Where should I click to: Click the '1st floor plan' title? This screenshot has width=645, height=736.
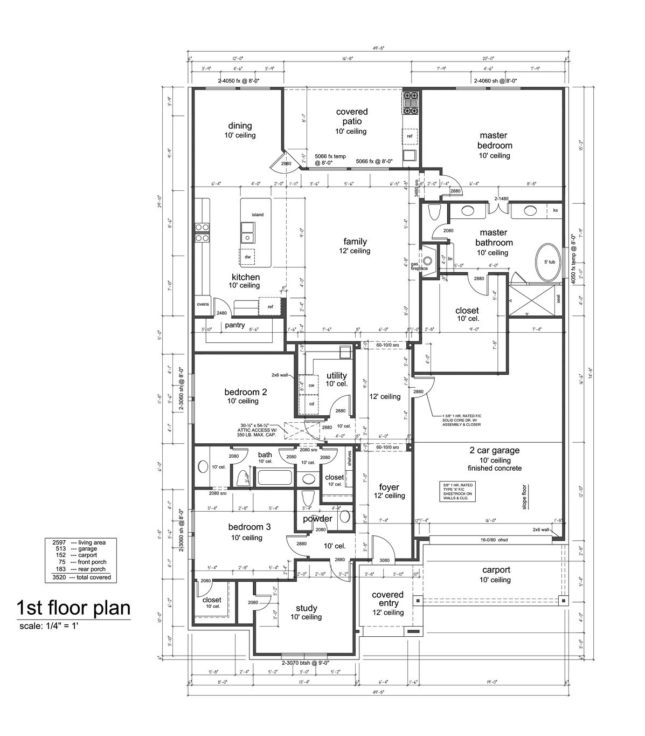(73, 608)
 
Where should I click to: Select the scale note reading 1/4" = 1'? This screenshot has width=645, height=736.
(50, 626)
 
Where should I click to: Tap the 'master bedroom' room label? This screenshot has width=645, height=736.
(495, 141)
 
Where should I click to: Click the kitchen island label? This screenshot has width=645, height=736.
(258, 215)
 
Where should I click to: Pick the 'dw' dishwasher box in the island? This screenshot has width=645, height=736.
(248, 257)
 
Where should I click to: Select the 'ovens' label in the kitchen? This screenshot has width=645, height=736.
(203, 304)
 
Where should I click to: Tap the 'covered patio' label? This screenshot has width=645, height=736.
(351, 116)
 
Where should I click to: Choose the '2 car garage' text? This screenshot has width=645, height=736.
(494, 450)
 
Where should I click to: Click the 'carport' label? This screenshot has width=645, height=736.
(496, 570)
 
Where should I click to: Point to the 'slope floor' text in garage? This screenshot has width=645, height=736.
(524, 497)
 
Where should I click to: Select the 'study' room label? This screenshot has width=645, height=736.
(306, 608)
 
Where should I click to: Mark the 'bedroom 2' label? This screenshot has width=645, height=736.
(245, 392)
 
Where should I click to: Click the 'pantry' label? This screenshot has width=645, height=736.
(235, 325)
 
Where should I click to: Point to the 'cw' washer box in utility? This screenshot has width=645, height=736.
(311, 386)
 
